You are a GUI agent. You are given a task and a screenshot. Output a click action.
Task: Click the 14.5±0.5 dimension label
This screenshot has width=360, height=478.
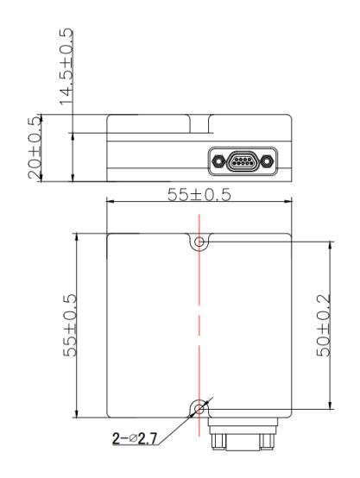tap(66, 66)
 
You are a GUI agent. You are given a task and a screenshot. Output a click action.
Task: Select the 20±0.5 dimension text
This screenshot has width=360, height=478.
tap(35, 148)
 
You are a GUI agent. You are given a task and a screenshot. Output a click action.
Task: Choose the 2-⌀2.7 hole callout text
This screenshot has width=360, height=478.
tap(135, 438)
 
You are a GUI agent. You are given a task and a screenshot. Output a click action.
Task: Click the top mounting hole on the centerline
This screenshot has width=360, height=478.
tap(199, 242)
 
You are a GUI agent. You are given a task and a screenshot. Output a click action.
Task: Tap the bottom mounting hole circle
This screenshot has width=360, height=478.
tap(199, 409)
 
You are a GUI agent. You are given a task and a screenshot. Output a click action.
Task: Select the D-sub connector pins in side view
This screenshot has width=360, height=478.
tap(243, 161)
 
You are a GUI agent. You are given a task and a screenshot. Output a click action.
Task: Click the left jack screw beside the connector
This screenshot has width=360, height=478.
tap(218, 160)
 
